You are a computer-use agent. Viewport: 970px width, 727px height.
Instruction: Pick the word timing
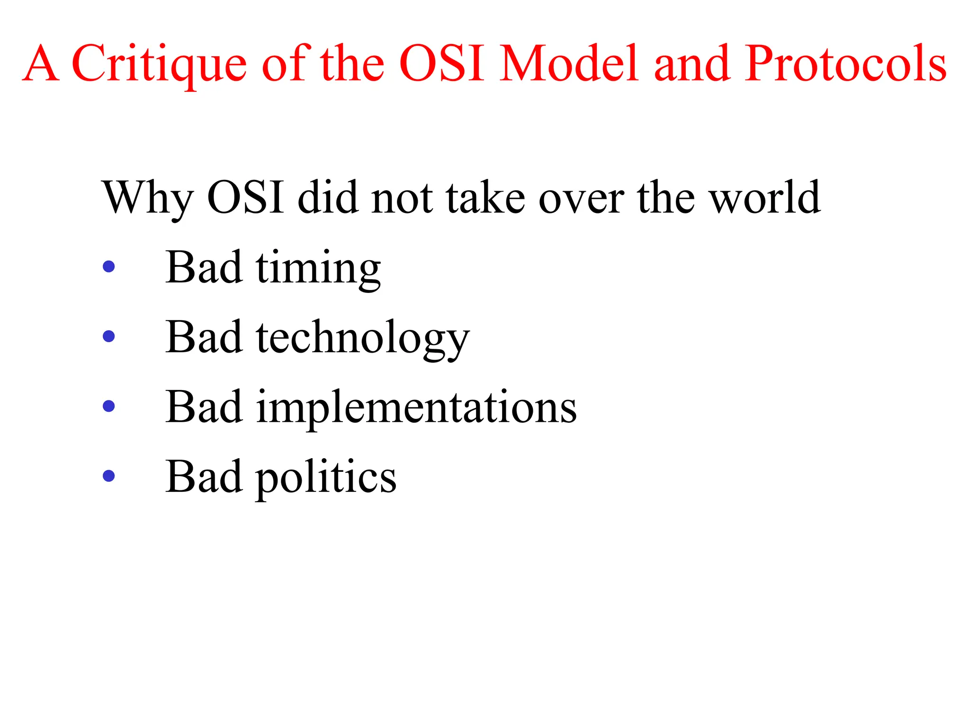tap(318, 269)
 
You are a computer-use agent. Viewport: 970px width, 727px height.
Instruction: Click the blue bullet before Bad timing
tap(109, 266)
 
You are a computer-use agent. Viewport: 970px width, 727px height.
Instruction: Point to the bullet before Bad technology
tap(109, 336)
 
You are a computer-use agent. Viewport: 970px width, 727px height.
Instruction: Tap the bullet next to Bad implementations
tap(109, 406)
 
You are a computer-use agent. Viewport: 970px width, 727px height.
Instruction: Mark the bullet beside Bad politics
tap(109, 475)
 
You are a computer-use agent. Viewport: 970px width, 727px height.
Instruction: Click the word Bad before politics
tap(204, 476)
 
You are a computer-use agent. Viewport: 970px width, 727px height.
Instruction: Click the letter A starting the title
tap(41, 63)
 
